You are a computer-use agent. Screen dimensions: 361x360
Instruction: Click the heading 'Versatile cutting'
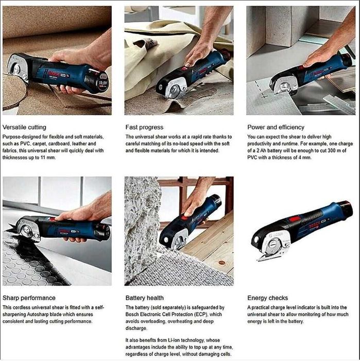24,127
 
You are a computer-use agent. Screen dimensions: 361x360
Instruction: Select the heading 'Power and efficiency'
276,127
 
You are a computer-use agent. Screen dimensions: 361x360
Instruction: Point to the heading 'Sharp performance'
29,298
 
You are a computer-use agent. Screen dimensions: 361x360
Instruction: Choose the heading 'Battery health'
144,298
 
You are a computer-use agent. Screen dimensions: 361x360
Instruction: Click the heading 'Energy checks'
268,298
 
